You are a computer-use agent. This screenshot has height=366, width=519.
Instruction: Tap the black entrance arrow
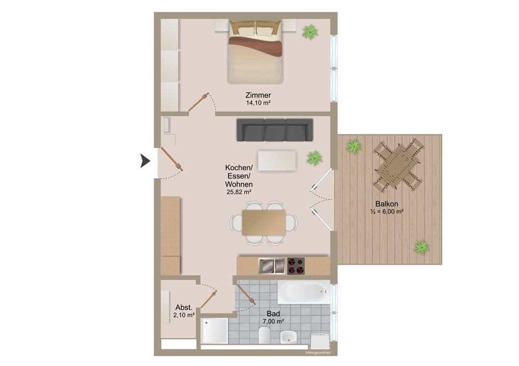[x=145, y=161]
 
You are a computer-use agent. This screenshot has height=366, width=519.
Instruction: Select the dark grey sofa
[x=275, y=130]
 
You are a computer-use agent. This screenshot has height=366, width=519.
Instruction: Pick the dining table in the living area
[x=264, y=222]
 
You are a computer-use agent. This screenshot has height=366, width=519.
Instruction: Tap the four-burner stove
[x=297, y=266]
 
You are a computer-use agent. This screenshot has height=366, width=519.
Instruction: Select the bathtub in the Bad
[x=303, y=293]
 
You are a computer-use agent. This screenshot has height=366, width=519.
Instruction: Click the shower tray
[x=215, y=330]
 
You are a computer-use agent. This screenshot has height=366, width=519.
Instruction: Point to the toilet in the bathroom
[x=265, y=335]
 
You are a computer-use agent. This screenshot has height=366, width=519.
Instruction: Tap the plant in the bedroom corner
[x=310, y=32]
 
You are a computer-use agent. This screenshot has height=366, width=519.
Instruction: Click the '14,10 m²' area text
[x=258, y=103]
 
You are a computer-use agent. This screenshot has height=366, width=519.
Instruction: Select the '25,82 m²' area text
[x=239, y=192]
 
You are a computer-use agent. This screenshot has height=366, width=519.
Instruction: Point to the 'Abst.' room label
[x=184, y=306]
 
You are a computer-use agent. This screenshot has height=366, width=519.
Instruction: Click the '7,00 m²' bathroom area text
[x=274, y=321]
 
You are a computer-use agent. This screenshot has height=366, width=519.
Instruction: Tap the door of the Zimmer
[x=199, y=103]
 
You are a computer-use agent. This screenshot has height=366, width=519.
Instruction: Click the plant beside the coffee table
[x=314, y=158]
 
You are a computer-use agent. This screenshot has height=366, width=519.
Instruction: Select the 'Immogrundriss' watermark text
[x=318, y=353]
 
